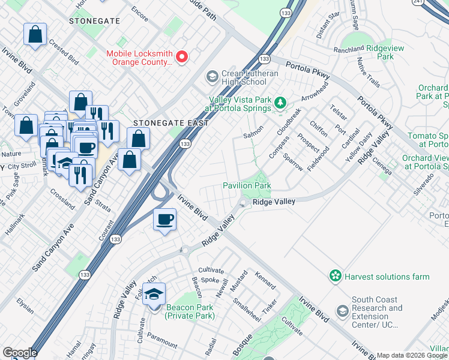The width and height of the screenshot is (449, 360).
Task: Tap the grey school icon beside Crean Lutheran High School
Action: (211, 77)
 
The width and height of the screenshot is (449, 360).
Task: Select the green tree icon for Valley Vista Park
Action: (279, 104)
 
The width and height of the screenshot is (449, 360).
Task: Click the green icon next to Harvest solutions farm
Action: (335, 276)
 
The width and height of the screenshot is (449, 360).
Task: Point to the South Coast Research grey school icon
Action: (342, 311)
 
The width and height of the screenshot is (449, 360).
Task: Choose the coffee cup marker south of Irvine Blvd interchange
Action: (164, 220)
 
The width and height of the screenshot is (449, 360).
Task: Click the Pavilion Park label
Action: (247, 186)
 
